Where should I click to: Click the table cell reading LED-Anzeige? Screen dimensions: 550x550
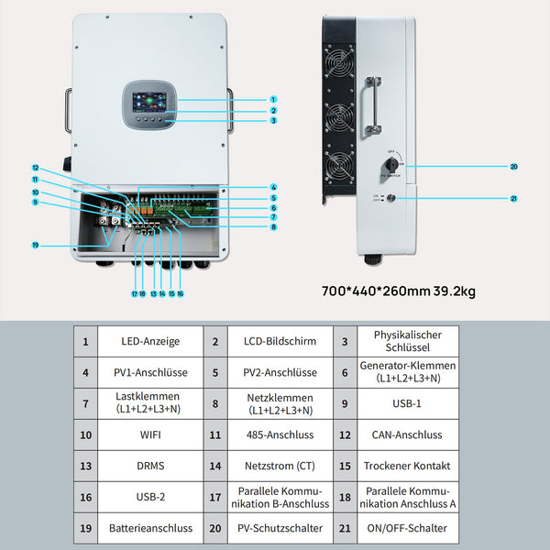point(150,341)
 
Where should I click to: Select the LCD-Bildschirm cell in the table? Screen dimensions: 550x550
point(280,341)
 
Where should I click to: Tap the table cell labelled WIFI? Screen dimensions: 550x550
point(150,434)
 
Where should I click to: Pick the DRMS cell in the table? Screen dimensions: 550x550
point(150,466)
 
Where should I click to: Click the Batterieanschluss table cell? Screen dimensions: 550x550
point(150,528)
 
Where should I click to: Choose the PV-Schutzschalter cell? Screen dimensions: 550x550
point(280,528)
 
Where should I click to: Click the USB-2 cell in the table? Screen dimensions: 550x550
point(150,497)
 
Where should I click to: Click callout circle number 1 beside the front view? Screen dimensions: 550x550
point(273,99)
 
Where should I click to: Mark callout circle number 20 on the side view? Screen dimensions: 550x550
point(514,167)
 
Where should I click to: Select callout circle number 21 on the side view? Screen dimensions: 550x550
point(514,199)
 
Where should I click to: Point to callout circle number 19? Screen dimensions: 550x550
point(35,245)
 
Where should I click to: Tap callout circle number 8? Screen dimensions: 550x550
point(273,226)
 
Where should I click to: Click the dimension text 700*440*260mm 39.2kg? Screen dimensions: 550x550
point(400,291)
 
